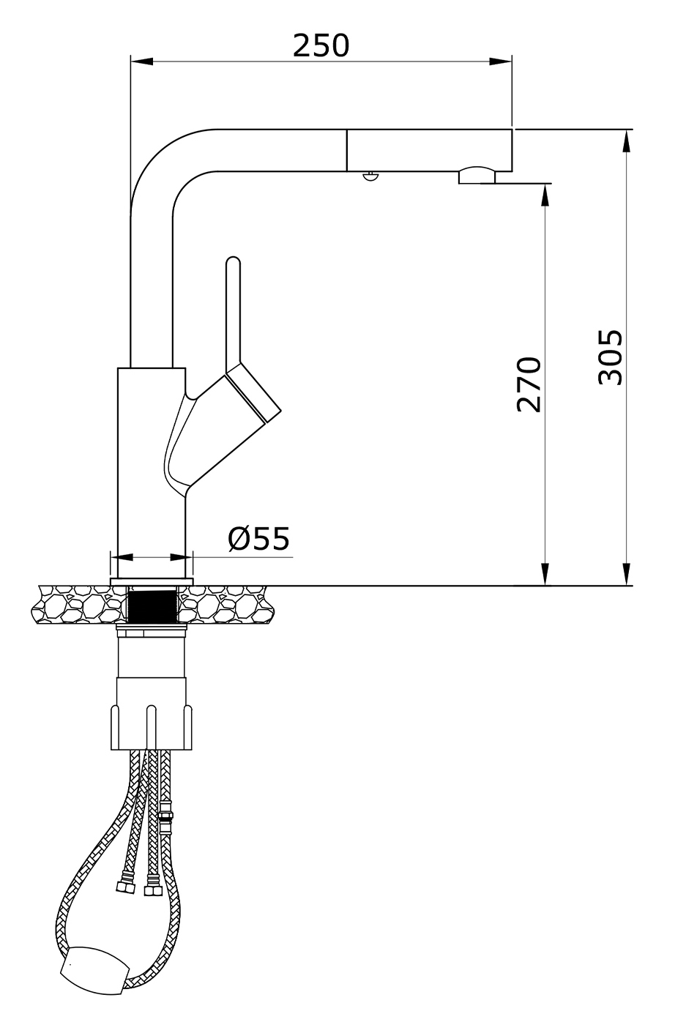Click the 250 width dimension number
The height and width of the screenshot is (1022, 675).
(x=321, y=45)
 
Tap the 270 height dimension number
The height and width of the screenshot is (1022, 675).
(x=529, y=385)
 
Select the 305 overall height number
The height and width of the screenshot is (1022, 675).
(x=610, y=357)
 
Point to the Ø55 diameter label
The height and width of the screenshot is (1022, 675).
(x=259, y=539)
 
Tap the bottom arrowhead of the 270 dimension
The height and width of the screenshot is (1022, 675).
(x=545, y=575)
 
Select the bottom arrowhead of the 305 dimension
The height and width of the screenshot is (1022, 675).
(x=627, y=575)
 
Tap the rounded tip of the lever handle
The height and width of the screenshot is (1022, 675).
(x=234, y=262)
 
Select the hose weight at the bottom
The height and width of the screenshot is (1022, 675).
(x=95, y=967)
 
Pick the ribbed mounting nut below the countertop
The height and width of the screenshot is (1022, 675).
(x=153, y=725)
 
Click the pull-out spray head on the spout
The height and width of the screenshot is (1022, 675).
(x=428, y=150)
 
